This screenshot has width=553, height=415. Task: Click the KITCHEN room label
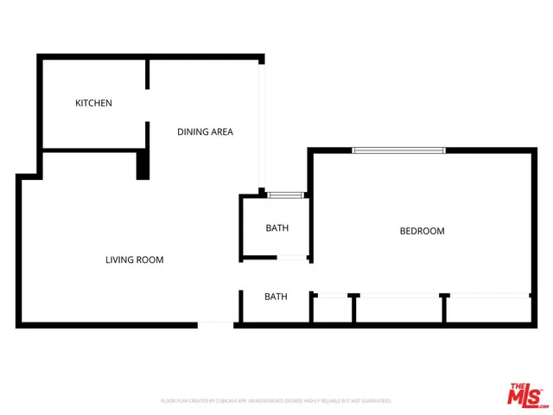click(x=93, y=104)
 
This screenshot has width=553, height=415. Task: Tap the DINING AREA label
click(x=205, y=132)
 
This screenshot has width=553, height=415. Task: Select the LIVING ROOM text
click(x=134, y=259)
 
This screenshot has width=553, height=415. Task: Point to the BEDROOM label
click(x=422, y=231)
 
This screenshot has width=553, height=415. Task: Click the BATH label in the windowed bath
click(x=276, y=228)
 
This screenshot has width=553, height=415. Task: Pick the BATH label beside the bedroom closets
click(x=276, y=297)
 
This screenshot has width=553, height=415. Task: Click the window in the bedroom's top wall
click(x=398, y=150)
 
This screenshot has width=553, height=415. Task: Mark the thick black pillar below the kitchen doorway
click(x=143, y=164)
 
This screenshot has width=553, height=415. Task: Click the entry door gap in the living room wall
click(x=216, y=325)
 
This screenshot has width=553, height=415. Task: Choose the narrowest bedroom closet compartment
click(x=332, y=310)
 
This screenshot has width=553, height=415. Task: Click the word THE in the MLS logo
click(x=517, y=386)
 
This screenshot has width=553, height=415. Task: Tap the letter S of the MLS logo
click(x=537, y=397)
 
